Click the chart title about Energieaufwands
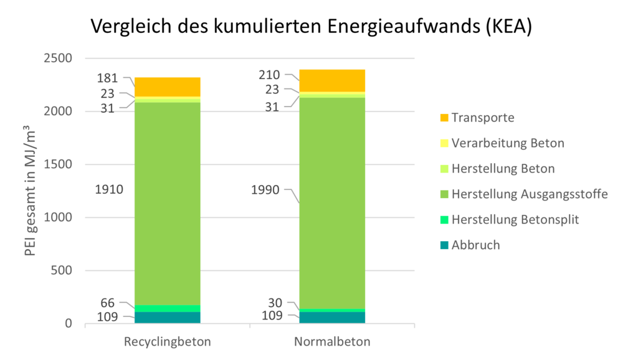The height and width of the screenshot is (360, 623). (x=311, y=27)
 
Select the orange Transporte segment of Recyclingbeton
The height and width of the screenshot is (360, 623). (x=168, y=87)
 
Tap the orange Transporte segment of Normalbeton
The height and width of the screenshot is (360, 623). (x=332, y=80)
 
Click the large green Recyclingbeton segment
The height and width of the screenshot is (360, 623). (x=168, y=203)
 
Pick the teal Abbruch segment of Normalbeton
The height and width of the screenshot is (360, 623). (x=332, y=317)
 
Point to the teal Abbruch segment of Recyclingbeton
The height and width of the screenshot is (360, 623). (x=168, y=317)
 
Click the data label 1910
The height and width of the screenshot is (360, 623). (x=110, y=189)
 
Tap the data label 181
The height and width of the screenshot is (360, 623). (x=108, y=78)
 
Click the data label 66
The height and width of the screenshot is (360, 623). (x=108, y=303)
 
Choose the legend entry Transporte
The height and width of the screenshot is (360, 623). (x=483, y=118)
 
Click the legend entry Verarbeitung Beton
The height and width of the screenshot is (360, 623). (x=508, y=143)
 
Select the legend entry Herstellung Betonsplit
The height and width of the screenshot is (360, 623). (x=515, y=219)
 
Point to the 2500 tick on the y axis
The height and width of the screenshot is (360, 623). (x=58, y=59)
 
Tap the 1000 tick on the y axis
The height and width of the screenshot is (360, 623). (x=58, y=217)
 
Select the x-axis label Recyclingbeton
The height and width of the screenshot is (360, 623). (x=168, y=342)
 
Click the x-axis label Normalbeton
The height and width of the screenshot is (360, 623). (x=332, y=342)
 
